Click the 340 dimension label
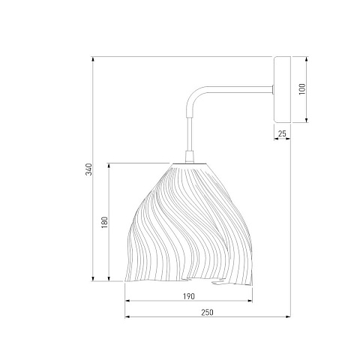click(89, 169)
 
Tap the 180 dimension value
click(104, 222)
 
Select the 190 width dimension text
click(189, 296)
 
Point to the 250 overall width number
click(208, 313)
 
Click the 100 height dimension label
click(302, 89)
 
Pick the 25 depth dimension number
click(282, 133)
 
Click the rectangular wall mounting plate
click(283, 90)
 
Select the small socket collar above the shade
click(190, 157)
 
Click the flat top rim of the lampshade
click(190, 163)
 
